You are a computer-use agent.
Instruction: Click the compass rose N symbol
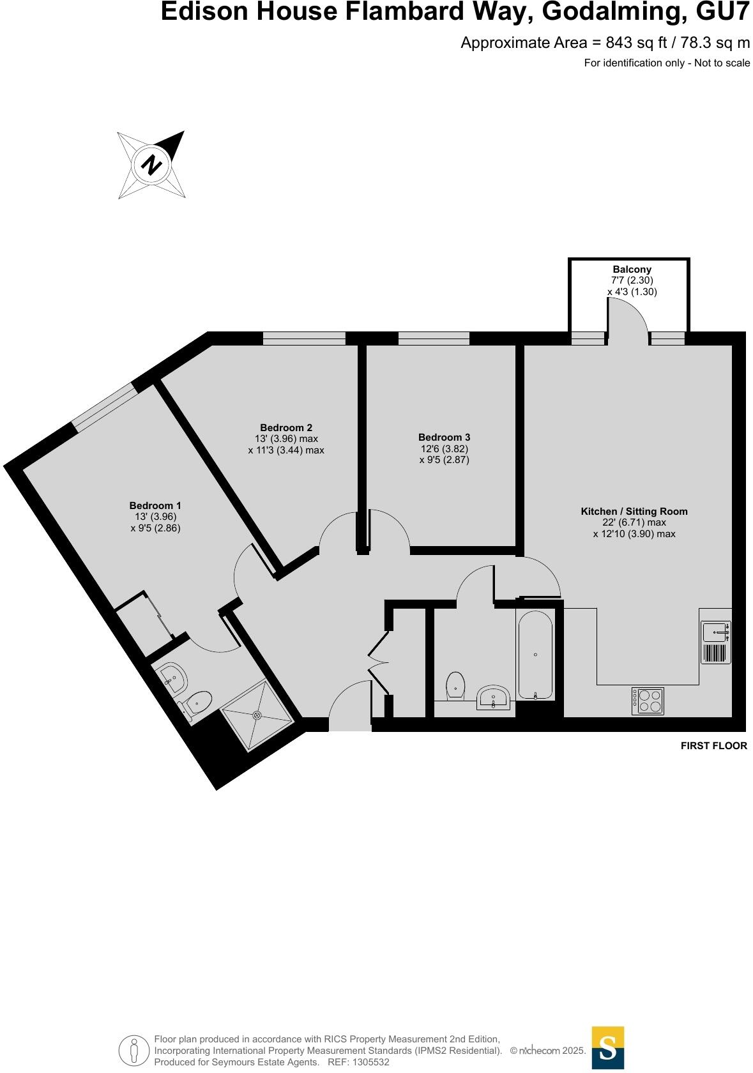(152, 165)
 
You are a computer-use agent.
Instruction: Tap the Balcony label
(632, 270)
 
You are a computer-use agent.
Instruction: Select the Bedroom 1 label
(155, 506)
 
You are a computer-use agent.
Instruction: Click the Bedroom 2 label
(286, 428)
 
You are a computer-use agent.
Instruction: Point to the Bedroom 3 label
(444, 438)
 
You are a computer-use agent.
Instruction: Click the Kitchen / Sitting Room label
(634, 512)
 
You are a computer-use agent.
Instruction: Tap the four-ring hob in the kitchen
(648, 701)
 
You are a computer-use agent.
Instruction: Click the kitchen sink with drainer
(716, 642)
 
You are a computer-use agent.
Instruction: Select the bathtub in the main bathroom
(535, 655)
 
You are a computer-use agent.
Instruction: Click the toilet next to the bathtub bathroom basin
(455, 685)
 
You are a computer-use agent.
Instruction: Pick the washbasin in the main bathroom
(494, 697)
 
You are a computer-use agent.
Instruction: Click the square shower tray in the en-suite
(257, 715)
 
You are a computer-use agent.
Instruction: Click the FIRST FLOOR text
(713, 745)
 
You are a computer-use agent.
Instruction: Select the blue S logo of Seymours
(607, 1047)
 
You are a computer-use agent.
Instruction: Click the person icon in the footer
(133, 1050)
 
